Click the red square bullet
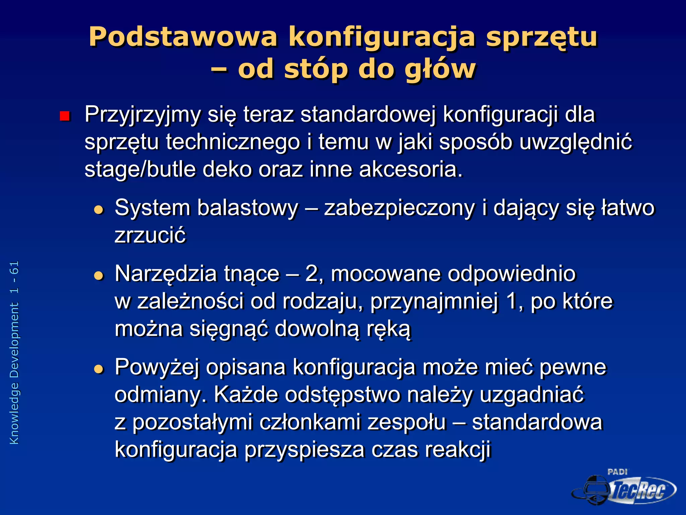coord(64,116)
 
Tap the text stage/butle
coord(140,169)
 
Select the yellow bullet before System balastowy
coord(99,210)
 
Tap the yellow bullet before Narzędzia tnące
coord(99,276)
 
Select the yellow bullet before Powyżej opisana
coord(99,369)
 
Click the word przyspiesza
coord(304,450)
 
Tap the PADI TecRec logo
coord(623,488)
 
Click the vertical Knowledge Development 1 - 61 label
coord(14,352)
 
